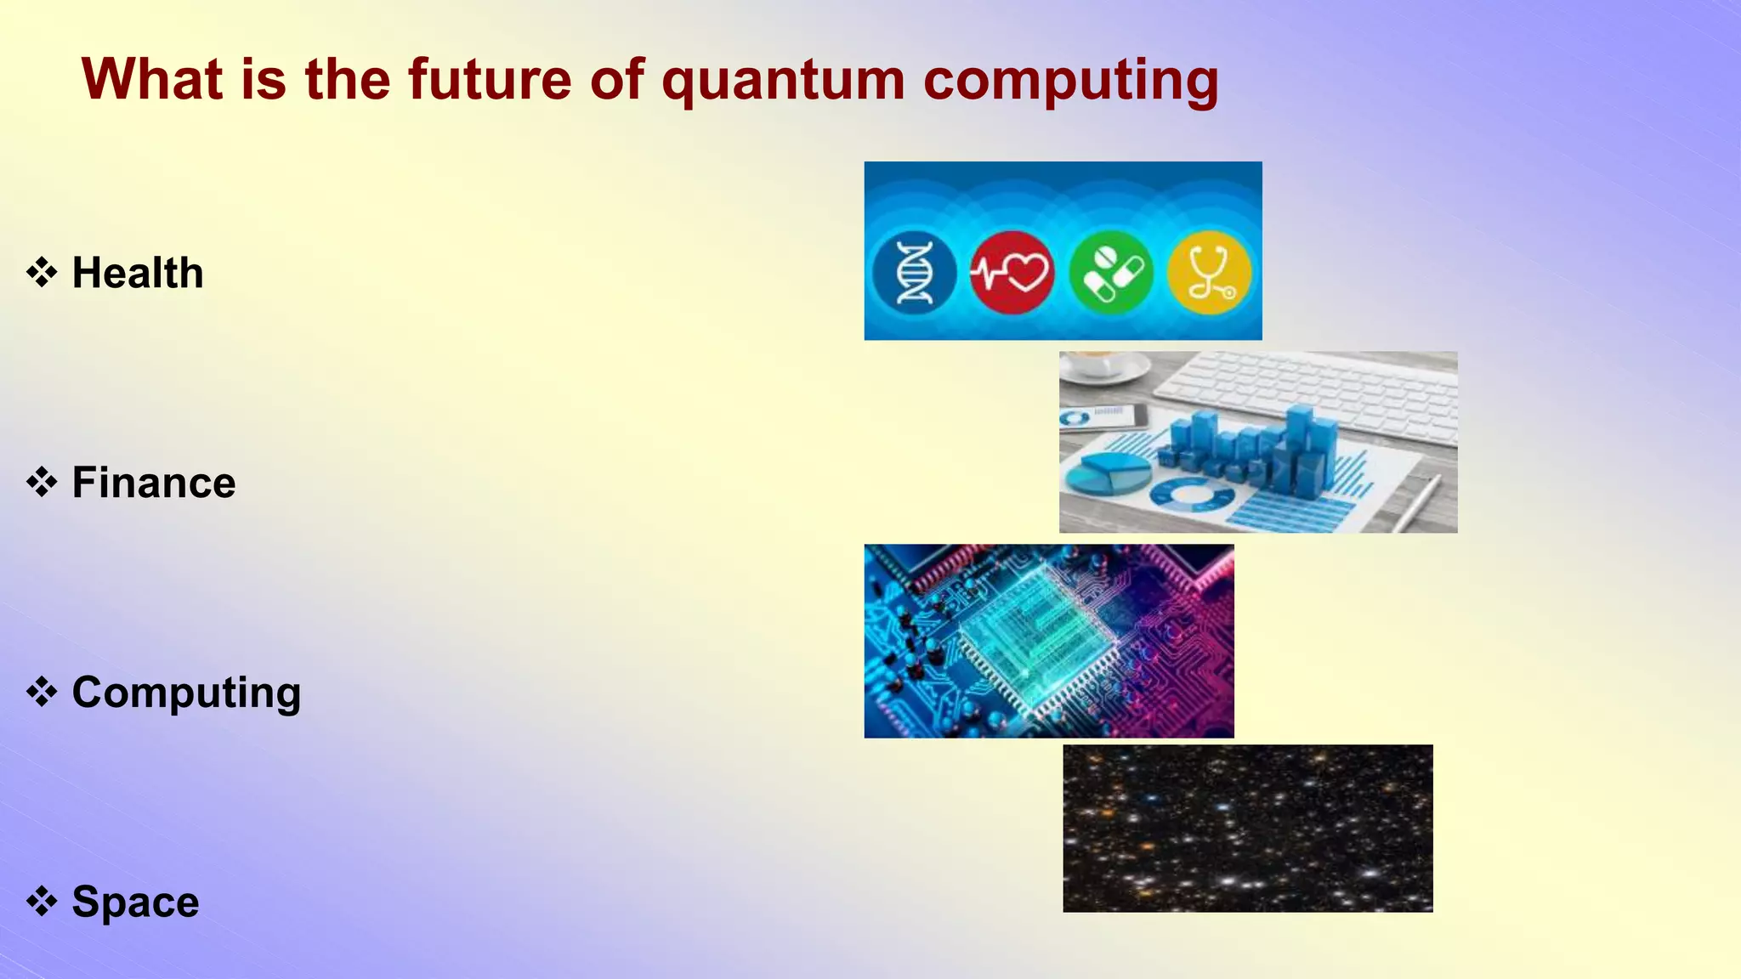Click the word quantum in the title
click(x=783, y=81)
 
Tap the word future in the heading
click(x=490, y=79)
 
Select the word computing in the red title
click(x=1070, y=81)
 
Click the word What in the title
click(x=151, y=79)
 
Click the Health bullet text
click(x=138, y=273)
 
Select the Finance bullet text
click(x=154, y=483)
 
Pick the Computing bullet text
click(x=186, y=693)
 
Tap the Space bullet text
click(x=135, y=902)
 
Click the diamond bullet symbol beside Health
click(x=42, y=273)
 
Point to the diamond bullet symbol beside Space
click(x=42, y=901)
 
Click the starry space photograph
click(x=1247, y=829)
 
